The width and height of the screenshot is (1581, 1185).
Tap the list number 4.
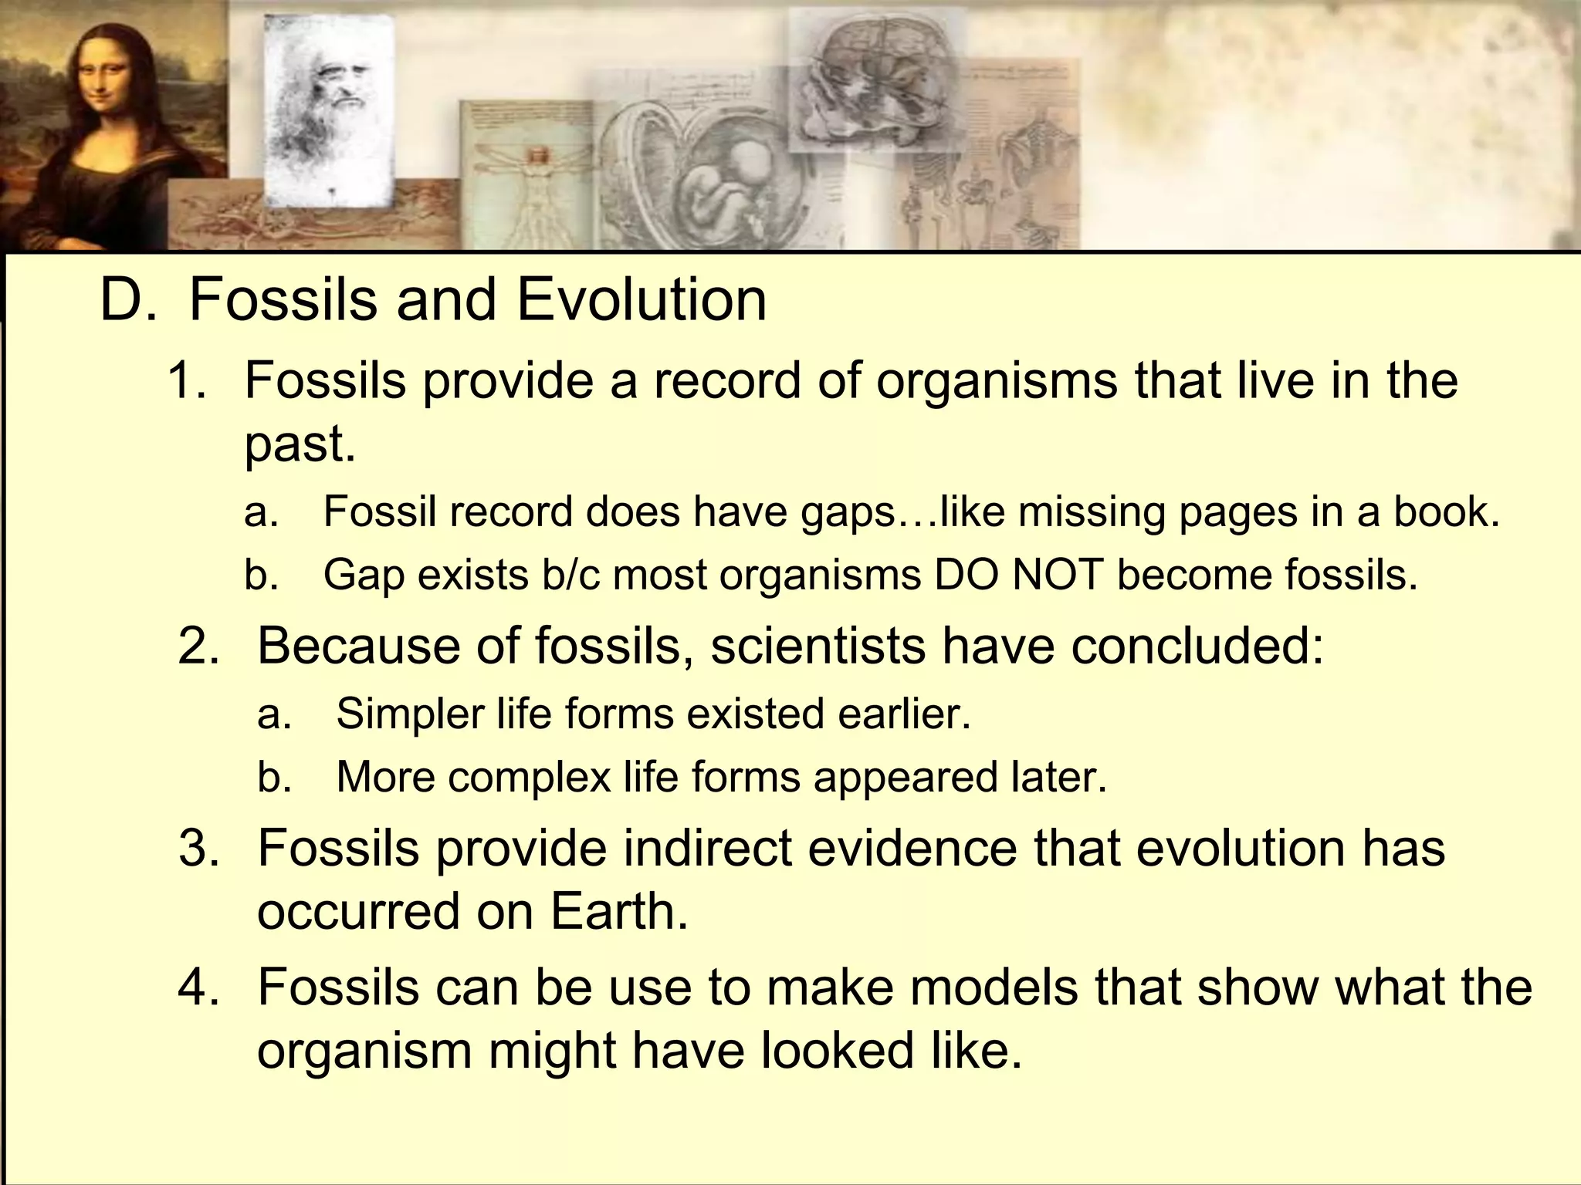pos(198,987)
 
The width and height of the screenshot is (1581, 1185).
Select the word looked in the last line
pos(837,1051)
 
